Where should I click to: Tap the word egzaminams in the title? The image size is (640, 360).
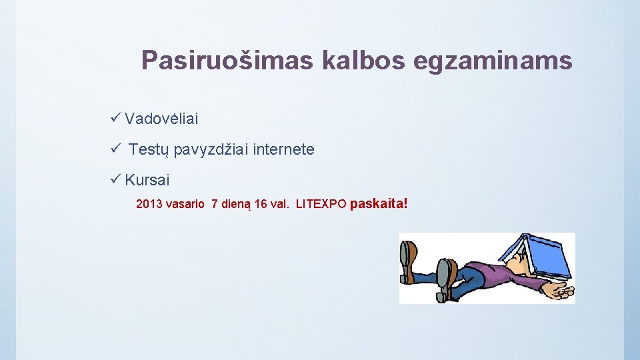[x=493, y=61]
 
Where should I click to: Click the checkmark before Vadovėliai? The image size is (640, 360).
[x=115, y=118]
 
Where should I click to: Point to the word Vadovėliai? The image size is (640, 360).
[x=161, y=119]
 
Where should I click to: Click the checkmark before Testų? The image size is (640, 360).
[x=115, y=149]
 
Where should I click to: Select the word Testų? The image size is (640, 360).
[x=148, y=150]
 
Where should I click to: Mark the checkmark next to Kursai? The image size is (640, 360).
[x=115, y=179]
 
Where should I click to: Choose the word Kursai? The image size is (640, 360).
[x=147, y=180]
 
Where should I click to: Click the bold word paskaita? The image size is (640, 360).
[x=378, y=203]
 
